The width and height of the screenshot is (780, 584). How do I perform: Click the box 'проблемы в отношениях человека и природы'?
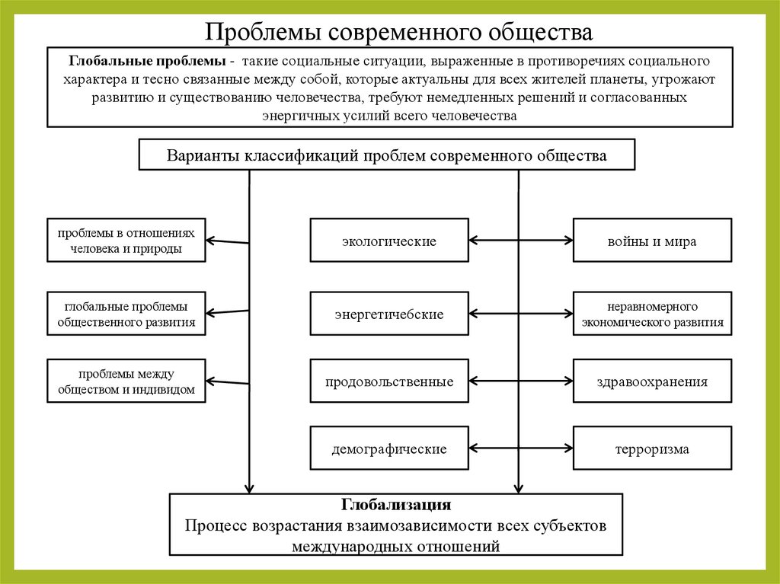[x=126, y=241]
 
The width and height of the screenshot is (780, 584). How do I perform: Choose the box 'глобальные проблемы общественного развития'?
[x=126, y=314]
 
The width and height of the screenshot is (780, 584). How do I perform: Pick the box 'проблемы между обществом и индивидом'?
[x=126, y=381]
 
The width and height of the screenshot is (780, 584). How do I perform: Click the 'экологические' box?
[x=389, y=241]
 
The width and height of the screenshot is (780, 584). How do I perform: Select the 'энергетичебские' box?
[x=389, y=314]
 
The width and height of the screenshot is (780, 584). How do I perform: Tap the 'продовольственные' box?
[x=389, y=381]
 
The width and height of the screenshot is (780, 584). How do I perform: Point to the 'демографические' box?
[x=389, y=448]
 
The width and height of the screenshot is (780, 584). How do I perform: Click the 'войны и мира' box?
[x=652, y=241]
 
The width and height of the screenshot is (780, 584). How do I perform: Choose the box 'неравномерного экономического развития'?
[x=652, y=314]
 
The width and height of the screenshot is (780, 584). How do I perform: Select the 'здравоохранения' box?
[x=652, y=381]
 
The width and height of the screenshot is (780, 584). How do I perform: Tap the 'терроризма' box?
[x=652, y=448]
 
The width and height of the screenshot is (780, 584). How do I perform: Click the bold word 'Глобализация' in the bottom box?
[x=396, y=505]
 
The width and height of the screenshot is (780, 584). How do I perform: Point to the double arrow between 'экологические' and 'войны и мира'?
[x=520, y=241]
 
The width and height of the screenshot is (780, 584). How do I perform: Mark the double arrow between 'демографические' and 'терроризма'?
[x=520, y=448]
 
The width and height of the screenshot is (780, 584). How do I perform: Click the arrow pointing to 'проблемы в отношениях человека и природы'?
[x=228, y=241]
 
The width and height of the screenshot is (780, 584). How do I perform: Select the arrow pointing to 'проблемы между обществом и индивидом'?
[x=228, y=381]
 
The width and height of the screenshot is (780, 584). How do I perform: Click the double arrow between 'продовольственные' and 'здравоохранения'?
[x=520, y=381]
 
